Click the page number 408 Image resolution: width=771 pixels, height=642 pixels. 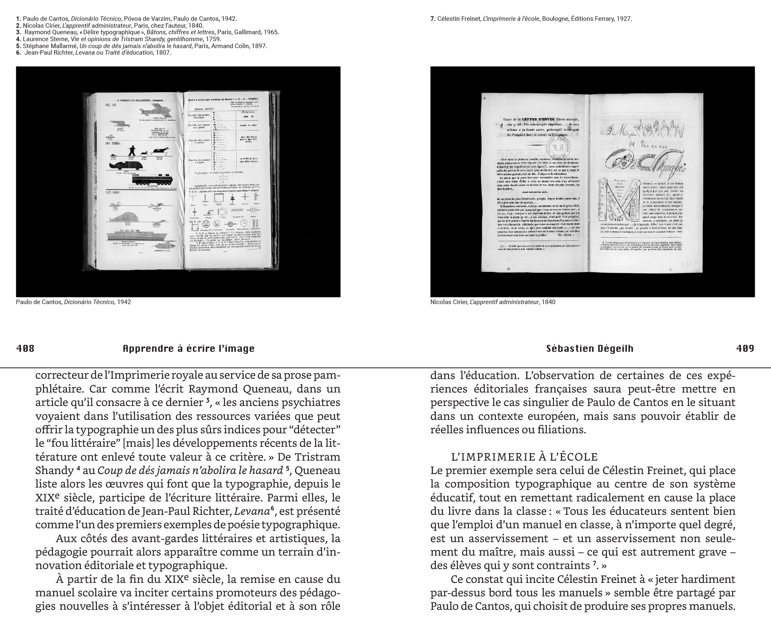point(25,349)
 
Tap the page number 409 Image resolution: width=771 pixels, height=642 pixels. point(745,349)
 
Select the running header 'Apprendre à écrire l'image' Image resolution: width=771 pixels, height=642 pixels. point(188,349)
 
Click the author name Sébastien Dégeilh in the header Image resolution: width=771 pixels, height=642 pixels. point(589,349)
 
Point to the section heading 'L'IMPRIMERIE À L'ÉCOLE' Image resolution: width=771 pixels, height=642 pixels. point(524,457)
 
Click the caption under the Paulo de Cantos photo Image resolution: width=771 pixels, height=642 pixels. point(73,302)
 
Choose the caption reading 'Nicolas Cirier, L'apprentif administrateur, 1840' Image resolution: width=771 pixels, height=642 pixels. point(492,302)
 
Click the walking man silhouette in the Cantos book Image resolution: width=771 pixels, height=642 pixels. point(133,150)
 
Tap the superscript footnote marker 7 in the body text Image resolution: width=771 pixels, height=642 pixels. point(594,564)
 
